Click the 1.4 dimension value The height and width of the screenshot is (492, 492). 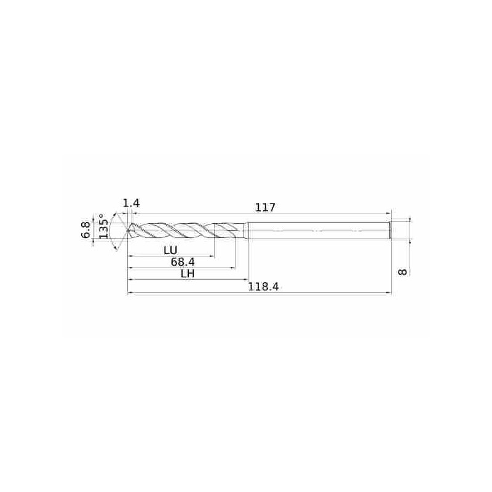131,204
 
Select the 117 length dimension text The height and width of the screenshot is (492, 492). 265,207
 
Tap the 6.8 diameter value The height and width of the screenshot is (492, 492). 86,229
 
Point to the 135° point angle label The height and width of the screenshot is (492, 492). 103,226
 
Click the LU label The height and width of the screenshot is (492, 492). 171,250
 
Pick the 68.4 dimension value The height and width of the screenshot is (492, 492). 183,262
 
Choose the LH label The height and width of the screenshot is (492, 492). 188,274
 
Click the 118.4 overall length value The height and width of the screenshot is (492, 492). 263,287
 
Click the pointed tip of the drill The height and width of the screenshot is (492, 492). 128,231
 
